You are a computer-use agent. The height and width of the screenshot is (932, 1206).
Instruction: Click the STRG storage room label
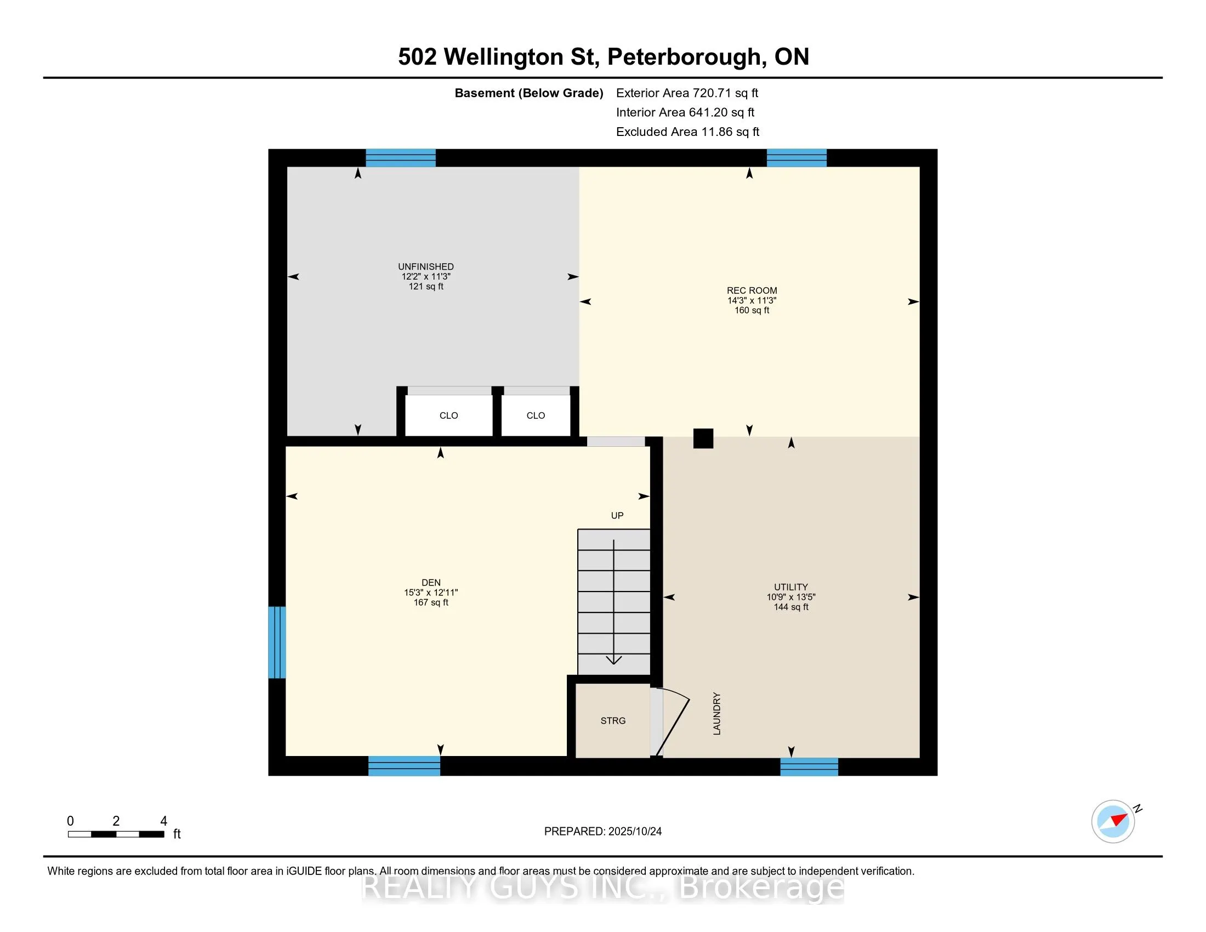(x=613, y=720)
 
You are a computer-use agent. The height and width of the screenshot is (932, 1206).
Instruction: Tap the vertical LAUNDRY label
(x=717, y=713)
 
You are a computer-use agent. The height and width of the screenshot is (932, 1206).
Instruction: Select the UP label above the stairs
(x=617, y=516)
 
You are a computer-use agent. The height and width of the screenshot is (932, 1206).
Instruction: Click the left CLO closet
(x=448, y=415)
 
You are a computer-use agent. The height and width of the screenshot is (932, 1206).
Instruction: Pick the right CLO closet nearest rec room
(x=536, y=415)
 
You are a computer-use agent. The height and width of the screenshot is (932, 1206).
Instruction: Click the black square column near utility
(x=703, y=439)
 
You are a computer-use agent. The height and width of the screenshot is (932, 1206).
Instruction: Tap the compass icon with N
(x=1113, y=821)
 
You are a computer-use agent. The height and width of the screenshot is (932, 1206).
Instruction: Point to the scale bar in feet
(x=116, y=834)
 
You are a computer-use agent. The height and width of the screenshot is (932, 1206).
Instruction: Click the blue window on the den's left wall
(x=277, y=642)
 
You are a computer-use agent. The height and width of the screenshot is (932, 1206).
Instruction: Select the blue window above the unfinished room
(x=401, y=158)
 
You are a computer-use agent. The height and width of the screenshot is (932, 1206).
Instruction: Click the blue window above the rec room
(x=797, y=158)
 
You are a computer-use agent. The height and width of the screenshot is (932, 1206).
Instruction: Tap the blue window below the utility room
(x=809, y=766)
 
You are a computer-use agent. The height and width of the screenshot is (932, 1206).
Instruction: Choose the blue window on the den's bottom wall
(x=404, y=766)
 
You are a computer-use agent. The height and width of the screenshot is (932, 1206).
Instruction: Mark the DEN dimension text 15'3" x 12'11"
(x=431, y=593)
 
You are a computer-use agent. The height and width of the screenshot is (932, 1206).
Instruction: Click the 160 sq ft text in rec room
(x=752, y=310)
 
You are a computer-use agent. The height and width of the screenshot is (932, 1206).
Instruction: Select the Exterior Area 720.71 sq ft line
(x=687, y=93)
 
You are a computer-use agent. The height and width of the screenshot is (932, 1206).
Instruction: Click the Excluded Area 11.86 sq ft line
(x=687, y=132)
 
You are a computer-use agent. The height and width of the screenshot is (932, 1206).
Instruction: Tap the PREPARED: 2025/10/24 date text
(x=602, y=831)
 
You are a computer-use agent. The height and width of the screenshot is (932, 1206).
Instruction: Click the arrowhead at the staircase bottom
(x=613, y=661)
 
